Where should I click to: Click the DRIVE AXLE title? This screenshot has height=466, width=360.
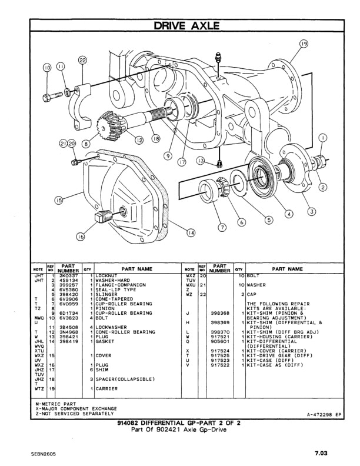point(186,25)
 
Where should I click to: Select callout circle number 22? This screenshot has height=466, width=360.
point(82,61)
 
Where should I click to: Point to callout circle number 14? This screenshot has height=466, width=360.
point(191,233)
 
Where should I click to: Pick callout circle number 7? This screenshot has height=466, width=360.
point(222,227)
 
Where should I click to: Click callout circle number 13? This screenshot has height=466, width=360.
point(201,161)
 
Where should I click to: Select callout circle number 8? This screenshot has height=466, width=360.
point(86,143)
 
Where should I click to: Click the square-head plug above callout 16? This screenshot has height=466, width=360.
point(102,219)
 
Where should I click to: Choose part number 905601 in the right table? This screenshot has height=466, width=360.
point(219,341)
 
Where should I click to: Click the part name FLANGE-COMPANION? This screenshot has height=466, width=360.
point(118,284)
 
